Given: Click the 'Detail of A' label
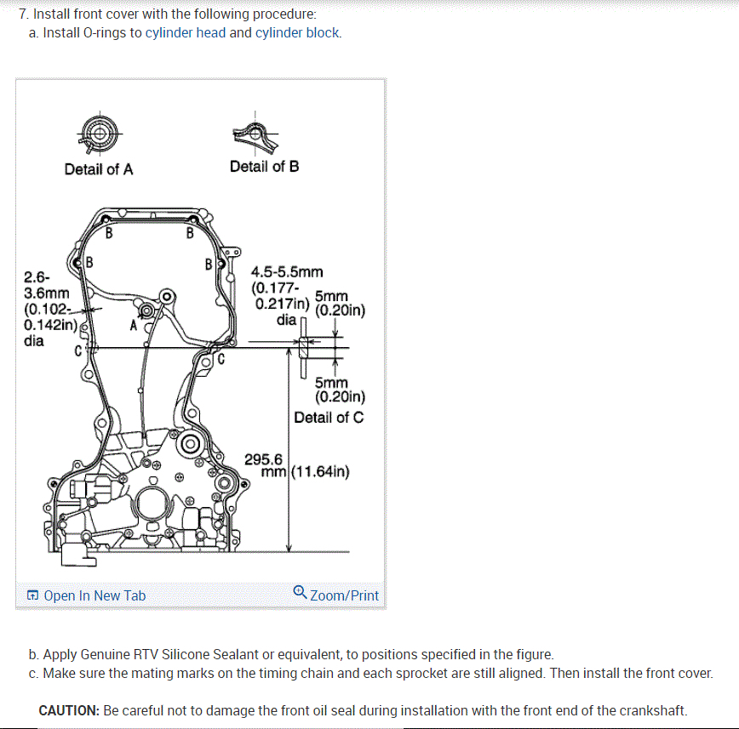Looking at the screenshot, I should [99, 169].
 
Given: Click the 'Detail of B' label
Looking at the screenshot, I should [264, 167].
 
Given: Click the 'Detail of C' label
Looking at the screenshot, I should [329, 418].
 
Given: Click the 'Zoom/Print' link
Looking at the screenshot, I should [344, 595].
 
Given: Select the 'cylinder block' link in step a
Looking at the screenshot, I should [298, 33].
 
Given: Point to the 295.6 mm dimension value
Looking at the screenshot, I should [263, 459].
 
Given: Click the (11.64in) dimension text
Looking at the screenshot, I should [320, 472].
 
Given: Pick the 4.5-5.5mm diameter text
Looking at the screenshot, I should [287, 272].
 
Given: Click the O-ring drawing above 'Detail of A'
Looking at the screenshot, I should [99, 133].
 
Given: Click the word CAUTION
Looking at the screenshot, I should [68, 710].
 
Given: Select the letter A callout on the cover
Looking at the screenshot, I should [134, 324].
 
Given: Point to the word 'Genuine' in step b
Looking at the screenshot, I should [107, 654].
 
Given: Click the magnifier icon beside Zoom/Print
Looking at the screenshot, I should [300, 593].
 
